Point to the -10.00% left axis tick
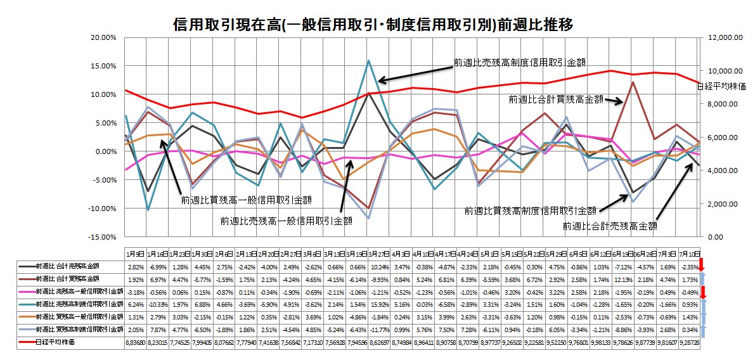click(101, 209)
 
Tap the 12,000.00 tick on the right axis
click(725, 38)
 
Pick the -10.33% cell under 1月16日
click(157, 304)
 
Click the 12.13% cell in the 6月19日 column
click(624, 279)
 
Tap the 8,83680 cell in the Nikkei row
click(135, 342)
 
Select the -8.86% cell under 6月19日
click(624, 330)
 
